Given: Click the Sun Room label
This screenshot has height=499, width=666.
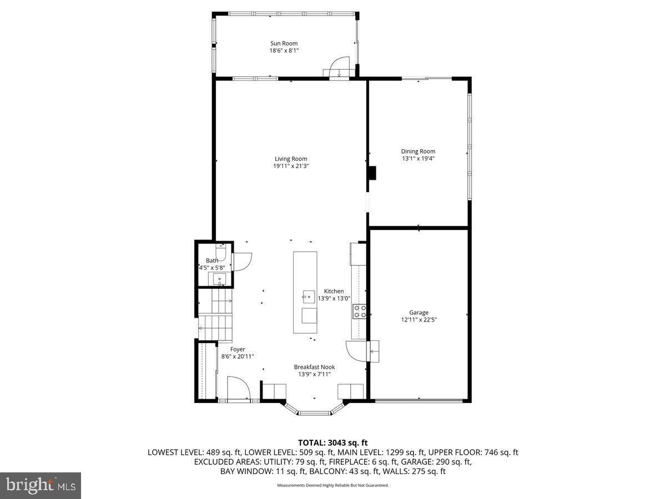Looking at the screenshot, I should pyautogui.click(x=284, y=43).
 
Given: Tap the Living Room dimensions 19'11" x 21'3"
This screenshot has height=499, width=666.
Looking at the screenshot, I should pyautogui.click(x=290, y=166).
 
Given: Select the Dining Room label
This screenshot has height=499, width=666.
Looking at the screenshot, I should pyautogui.click(x=418, y=151).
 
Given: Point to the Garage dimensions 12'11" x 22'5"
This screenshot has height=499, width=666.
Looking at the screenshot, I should pyautogui.click(x=419, y=320).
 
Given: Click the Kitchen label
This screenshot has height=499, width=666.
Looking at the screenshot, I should pyautogui.click(x=334, y=291).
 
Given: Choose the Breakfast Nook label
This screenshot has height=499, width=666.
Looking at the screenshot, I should pyautogui.click(x=314, y=366).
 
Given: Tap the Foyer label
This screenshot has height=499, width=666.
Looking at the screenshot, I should pyautogui.click(x=238, y=349).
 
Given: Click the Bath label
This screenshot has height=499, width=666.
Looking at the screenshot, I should pyautogui.click(x=212, y=261).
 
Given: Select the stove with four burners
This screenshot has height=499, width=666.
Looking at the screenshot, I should pyautogui.click(x=359, y=312).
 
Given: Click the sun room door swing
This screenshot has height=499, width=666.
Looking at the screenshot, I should pyautogui.click(x=339, y=67).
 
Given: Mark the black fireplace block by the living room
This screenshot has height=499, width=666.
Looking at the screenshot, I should pyautogui.click(x=371, y=174).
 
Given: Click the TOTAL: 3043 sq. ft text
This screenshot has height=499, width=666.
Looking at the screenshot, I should pyautogui.click(x=333, y=442).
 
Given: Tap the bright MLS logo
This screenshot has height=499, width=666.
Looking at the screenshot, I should pyautogui.click(x=41, y=486).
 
